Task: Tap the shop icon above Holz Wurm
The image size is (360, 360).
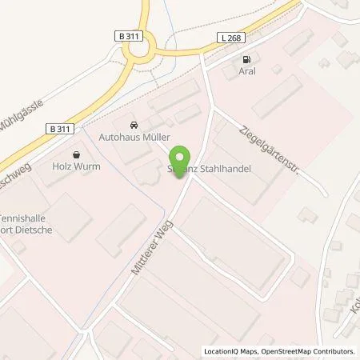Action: [x=77, y=154]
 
